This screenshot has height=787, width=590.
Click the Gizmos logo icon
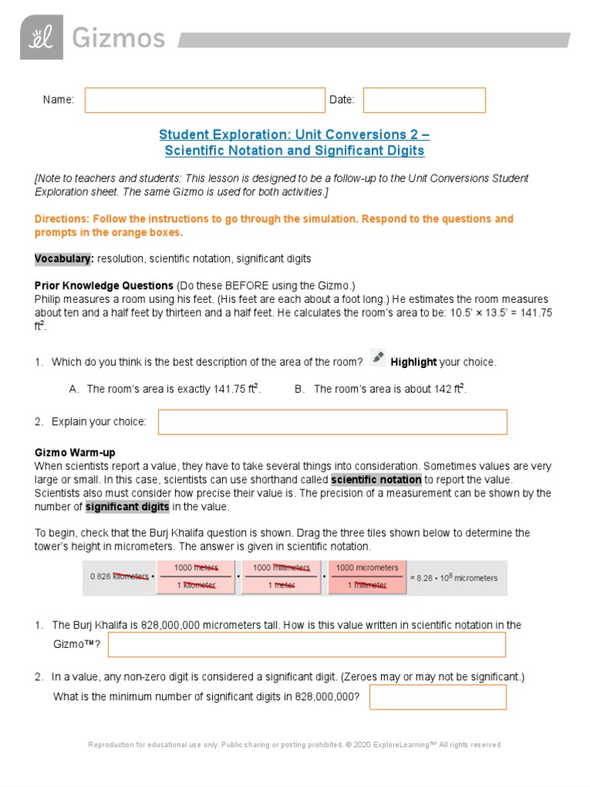(x=41, y=38)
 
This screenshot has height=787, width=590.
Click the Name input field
(x=204, y=100)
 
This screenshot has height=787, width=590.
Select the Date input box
(x=424, y=100)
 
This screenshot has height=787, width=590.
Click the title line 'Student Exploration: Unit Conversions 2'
(x=294, y=134)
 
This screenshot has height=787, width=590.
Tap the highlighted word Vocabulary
(x=64, y=258)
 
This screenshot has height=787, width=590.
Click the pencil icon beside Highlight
(x=378, y=357)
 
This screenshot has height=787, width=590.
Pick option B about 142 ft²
(x=389, y=389)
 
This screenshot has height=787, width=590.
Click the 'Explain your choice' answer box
(x=332, y=422)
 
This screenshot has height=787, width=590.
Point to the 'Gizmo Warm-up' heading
(x=75, y=453)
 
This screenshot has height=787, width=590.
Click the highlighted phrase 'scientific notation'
(x=376, y=480)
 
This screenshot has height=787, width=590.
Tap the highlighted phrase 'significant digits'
(x=127, y=506)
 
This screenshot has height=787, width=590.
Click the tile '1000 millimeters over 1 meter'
(x=281, y=576)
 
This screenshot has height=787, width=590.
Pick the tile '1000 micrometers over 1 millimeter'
(x=367, y=576)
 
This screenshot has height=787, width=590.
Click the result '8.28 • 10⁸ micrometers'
(x=458, y=578)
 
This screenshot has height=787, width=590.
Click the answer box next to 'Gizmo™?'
(x=307, y=645)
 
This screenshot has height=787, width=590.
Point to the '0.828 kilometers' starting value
(x=119, y=576)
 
